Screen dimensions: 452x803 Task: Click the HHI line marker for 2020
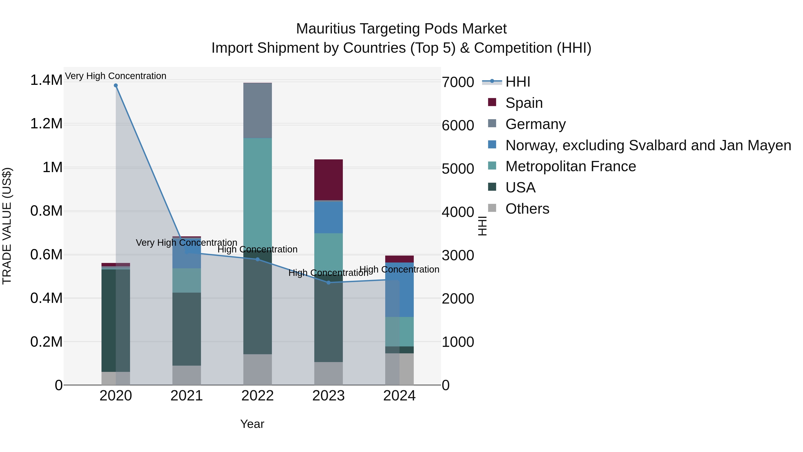click(x=116, y=85)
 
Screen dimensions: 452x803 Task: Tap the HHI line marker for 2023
click(x=328, y=283)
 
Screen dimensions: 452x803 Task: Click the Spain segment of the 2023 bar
click(x=328, y=180)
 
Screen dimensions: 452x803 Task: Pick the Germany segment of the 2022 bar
click(x=257, y=110)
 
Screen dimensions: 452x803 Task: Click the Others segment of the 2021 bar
click(x=186, y=375)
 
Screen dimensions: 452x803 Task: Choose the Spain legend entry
click(x=524, y=103)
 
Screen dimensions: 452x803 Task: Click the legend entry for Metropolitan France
click(x=570, y=166)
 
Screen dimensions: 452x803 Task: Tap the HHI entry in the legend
click(x=517, y=82)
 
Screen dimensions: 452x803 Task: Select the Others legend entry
click(x=527, y=209)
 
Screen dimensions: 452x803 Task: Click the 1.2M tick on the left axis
click(x=46, y=124)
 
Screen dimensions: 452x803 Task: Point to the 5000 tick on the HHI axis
click(x=458, y=169)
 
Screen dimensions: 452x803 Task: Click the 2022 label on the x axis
click(x=257, y=396)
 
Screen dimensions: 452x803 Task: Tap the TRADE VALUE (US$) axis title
click(x=7, y=226)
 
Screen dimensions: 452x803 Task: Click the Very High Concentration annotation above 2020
click(x=116, y=76)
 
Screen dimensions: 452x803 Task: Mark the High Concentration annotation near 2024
click(x=399, y=269)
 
